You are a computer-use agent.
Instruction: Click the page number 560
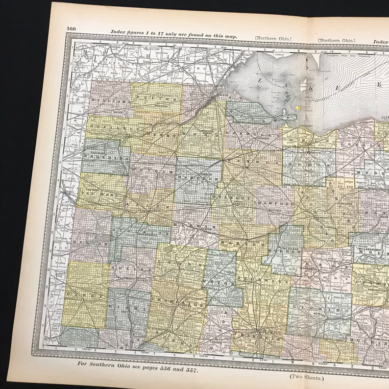pyautogui.click(x=72, y=28)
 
